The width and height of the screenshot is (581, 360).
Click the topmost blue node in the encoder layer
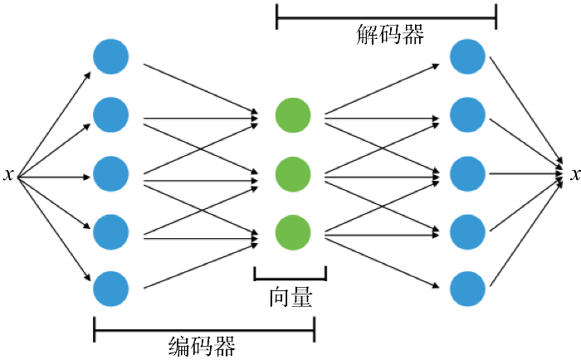110,57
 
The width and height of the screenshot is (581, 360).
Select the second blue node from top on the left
110,115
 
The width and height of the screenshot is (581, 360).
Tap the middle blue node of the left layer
110,174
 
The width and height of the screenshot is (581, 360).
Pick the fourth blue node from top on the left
110,231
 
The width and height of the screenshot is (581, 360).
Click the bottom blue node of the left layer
110,289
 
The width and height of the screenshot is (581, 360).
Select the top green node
293,115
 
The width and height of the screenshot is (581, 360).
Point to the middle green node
293,174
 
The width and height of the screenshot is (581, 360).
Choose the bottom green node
293,231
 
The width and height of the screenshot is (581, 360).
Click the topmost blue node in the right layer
467,57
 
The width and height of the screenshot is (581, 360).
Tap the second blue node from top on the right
467,115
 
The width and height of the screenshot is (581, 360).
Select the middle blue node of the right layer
467,174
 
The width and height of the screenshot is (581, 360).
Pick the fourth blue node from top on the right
467,231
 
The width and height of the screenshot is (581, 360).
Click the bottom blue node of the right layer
467,289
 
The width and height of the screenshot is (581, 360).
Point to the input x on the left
8,176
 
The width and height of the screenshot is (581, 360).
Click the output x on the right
573,176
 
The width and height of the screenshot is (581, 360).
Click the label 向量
290,298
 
